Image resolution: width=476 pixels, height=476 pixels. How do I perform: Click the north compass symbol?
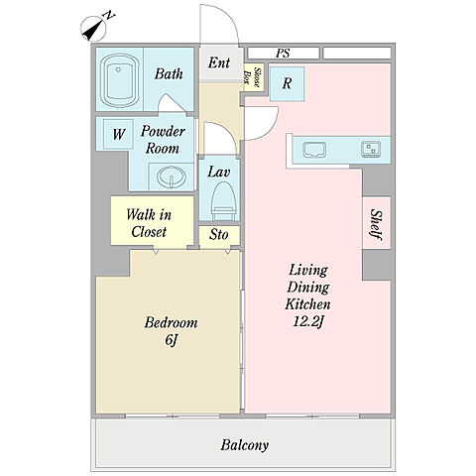(94, 29)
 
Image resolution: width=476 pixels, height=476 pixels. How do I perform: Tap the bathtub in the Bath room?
(119, 79)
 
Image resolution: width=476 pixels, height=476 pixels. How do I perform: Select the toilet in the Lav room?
(223, 201)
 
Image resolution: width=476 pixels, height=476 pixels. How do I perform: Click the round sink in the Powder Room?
(172, 177)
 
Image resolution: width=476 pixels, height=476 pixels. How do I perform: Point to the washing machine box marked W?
(118, 134)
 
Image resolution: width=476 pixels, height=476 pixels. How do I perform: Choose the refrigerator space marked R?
(287, 83)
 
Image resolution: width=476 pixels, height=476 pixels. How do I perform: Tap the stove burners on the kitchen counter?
(371, 149)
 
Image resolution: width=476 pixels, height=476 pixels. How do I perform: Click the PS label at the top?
(283, 54)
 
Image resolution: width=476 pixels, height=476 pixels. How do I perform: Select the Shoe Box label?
(253, 77)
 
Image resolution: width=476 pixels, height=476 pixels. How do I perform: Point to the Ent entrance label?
(219, 62)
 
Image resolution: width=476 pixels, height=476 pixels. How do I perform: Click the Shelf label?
(377, 224)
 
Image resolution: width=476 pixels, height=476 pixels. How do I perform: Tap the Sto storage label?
(219, 235)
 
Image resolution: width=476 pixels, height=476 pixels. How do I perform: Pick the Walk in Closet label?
(149, 223)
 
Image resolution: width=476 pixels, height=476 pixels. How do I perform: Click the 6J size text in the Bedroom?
(171, 340)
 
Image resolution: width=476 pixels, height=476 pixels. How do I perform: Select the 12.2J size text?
(307, 321)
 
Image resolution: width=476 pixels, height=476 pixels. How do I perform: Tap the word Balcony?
(245, 445)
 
